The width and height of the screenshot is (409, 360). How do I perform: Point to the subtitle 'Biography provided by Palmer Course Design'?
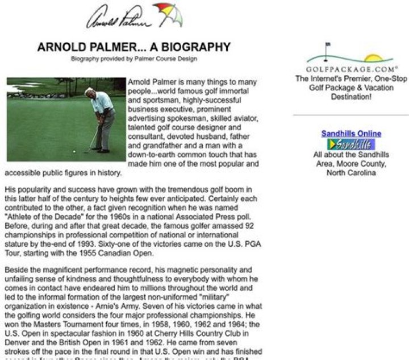(134, 59)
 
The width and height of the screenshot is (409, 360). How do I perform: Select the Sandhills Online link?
(351, 134)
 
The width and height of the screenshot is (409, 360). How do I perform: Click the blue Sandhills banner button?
(351, 144)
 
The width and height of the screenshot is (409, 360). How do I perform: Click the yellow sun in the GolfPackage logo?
(374, 58)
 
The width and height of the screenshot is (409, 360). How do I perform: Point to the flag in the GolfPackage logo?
(328, 46)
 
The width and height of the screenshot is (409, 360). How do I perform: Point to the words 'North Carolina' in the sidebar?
(351, 173)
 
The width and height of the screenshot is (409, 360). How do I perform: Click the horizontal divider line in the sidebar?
(350, 115)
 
